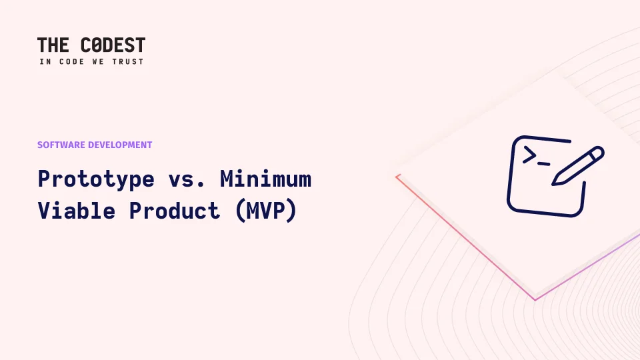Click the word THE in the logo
(x=53, y=45)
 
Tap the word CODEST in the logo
(x=113, y=45)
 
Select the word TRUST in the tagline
(x=128, y=61)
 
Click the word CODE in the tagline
(x=72, y=61)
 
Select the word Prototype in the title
(x=96, y=179)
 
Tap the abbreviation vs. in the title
(x=187, y=179)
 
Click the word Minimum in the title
(x=266, y=179)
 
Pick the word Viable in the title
(x=77, y=211)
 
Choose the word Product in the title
(x=175, y=211)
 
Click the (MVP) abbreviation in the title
(x=266, y=211)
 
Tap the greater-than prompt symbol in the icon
(x=529, y=155)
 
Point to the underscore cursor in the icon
(x=544, y=164)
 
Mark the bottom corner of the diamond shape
(x=535, y=300)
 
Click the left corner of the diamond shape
(x=396, y=176)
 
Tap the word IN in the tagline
(x=45, y=61)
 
